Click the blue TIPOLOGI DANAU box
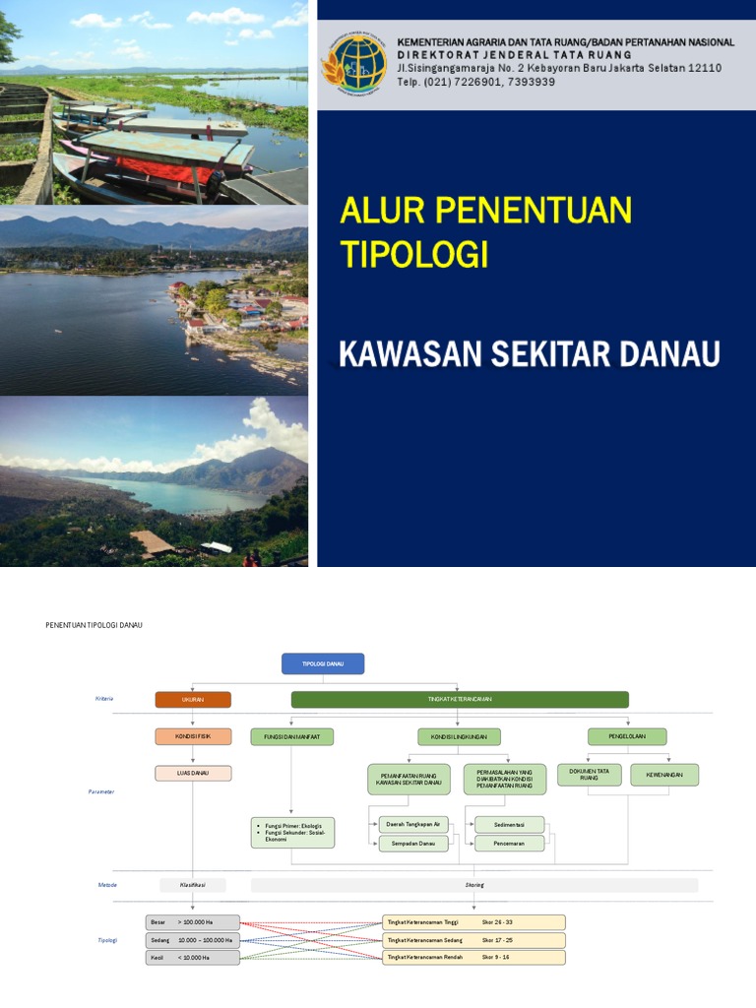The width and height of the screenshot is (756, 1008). click(x=323, y=664)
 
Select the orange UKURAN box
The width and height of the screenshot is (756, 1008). click(x=193, y=700)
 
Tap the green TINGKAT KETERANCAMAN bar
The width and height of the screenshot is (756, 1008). click(x=460, y=700)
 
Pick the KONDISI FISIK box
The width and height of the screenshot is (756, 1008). click(x=193, y=736)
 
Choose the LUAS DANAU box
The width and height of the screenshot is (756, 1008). click(x=193, y=774)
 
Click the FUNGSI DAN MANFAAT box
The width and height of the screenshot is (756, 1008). click(x=292, y=736)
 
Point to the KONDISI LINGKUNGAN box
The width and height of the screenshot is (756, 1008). click(x=460, y=736)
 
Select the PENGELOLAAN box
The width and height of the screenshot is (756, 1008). click(x=627, y=736)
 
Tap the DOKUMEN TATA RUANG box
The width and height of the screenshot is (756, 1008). click(x=589, y=775)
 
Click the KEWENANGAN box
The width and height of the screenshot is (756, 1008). click(x=664, y=775)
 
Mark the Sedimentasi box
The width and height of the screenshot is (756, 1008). click(x=509, y=824)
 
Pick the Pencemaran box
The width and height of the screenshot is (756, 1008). click(x=509, y=844)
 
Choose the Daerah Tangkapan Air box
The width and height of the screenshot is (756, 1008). click(x=413, y=824)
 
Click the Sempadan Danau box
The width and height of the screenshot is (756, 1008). click(x=413, y=844)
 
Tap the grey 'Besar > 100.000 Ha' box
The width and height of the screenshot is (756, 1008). click(x=193, y=922)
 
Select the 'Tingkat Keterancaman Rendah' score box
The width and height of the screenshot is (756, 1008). click(x=474, y=957)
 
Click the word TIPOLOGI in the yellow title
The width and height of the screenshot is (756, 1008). click(x=414, y=254)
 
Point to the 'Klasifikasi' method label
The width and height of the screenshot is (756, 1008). click(x=193, y=885)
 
